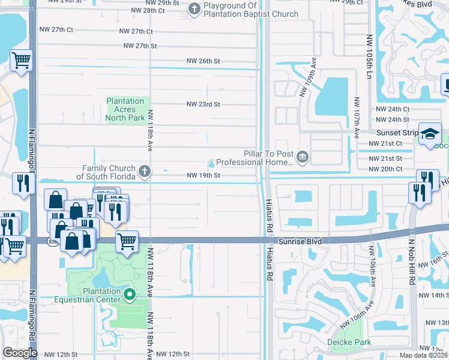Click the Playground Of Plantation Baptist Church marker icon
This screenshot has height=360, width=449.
(x=194, y=9)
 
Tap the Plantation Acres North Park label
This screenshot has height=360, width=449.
(x=125, y=110)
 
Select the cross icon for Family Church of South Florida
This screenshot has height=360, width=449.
(x=144, y=172)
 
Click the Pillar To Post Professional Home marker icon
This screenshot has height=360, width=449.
(x=302, y=158)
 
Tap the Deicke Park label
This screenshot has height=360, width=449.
(x=349, y=343)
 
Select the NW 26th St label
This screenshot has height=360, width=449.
(x=203, y=61)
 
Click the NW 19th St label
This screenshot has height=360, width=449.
(x=203, y=175)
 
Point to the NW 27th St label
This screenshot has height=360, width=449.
(x=140, y=46)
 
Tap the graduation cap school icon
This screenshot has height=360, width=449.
(x=430, y=134)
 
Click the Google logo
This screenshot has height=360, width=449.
(x=19, y=353)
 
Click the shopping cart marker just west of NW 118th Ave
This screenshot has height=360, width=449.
(x=127, y=241)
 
